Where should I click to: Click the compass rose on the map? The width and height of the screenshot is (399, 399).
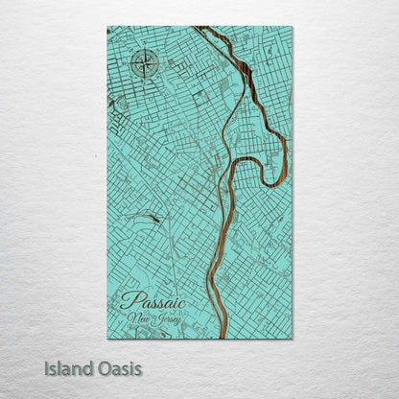(145, 64)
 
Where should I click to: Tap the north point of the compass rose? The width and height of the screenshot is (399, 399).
(145, 50)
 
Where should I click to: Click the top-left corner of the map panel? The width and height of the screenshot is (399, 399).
(107, 27)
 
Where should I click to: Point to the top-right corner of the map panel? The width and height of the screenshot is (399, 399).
(293, 27)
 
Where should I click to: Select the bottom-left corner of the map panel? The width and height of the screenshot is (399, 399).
(107, 339)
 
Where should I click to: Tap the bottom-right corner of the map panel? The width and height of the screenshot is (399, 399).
(293, 339)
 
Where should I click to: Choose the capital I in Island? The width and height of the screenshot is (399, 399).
(47, 368)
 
